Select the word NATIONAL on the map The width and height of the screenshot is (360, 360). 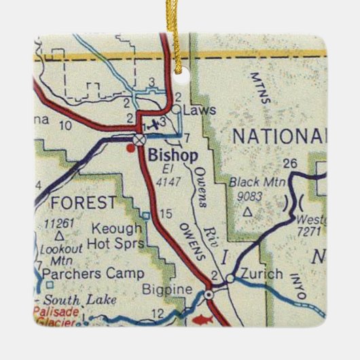278,135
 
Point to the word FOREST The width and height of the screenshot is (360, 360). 84,202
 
